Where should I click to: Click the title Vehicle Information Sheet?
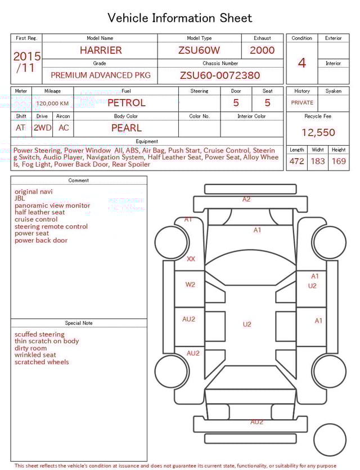pos(179,18)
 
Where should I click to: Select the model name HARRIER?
pos(101,50)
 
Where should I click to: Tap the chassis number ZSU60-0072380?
pos(220,75)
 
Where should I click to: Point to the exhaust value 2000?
pos(262,50)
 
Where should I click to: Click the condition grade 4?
pos(302,63)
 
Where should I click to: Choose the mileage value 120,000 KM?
pos(52,104)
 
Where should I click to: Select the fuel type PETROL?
pos(127,103)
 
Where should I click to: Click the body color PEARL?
pos(127,128)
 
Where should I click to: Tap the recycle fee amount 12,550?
pos(318,133)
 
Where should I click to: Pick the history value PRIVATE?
pos(302,103)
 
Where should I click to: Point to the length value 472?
pos(296,162)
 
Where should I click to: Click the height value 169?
pos(339,162)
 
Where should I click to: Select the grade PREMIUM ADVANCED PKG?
pos(101,75)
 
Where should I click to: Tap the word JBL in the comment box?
pos(20,199)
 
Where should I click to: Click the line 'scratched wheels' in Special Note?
pos(42,362)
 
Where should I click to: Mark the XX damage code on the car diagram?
pos(191,259)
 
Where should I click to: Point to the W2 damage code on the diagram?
pos(191,285)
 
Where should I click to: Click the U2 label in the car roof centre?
pos(247,324)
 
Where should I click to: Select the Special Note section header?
pos(79,323)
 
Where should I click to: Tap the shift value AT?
pos(21,128)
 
